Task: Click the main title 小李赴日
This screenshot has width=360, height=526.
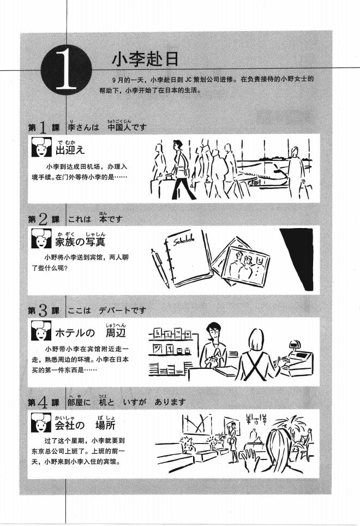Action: pyautogui.click(x=137, y=58)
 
